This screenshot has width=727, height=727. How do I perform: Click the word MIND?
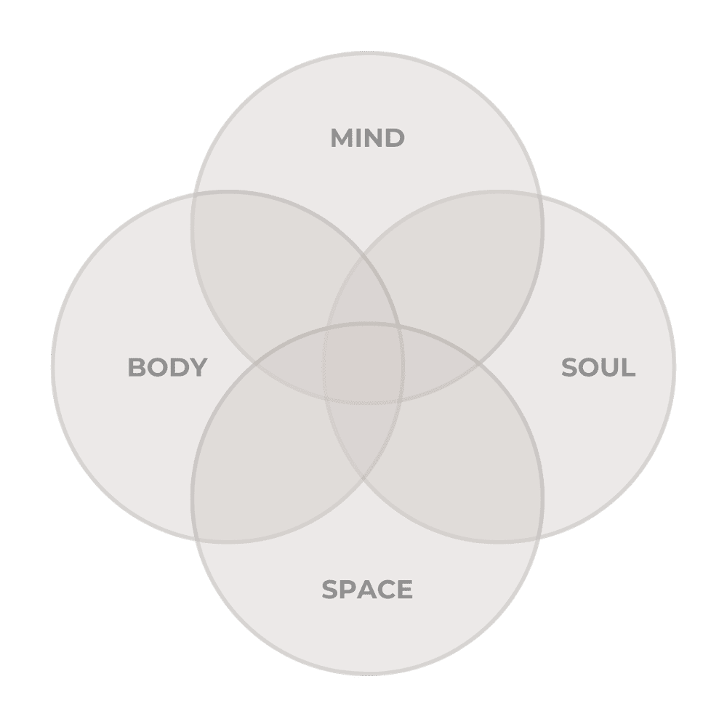(367, 138)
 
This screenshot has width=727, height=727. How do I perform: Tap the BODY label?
(167, 367)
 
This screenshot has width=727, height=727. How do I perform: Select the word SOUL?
(598, 367)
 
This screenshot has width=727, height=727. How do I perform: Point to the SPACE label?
(367, 589)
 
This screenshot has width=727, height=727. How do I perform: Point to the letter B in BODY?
(137, 367)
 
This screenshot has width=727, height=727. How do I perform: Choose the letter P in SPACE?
(348, 589)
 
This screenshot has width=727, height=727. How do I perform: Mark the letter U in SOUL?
(609, 367)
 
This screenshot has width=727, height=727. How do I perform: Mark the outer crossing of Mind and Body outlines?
(195, 195)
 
